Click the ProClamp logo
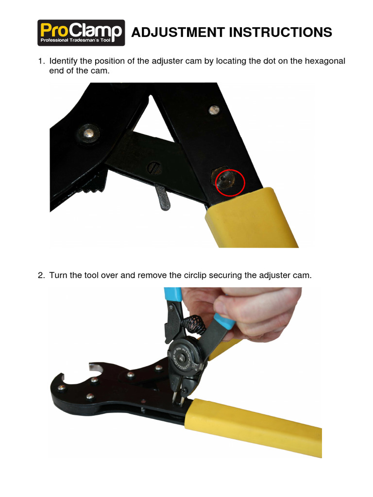point(82,33)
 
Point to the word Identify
point(65,62)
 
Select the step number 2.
point(41,275)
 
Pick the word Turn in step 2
point(58,275)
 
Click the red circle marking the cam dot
point(230,182)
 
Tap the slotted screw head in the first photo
point(154,170)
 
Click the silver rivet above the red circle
point(214,110)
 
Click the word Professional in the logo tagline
point(58,41)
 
